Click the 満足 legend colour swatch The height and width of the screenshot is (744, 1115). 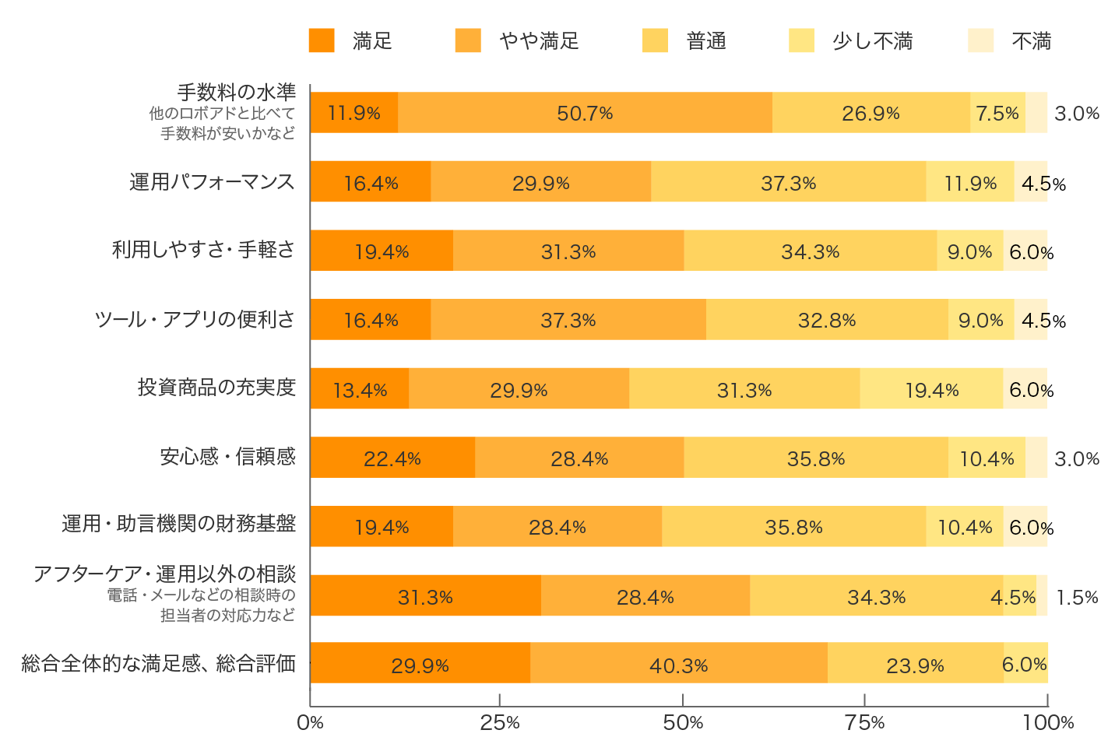click(x=322, y=40)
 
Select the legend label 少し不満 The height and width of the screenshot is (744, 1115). click(x=872, y=41)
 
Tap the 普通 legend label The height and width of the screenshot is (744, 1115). click(x=706, y=41)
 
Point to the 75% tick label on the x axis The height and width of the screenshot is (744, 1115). click(x=865, y=723)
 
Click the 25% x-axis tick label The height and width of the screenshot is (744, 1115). click(x=499, y=723)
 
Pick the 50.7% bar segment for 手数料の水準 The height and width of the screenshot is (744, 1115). click(x=585, y=113)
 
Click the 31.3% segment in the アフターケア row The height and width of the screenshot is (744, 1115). click(x=425, y=596)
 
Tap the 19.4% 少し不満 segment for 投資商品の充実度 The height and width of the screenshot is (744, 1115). click(x=931, y=389)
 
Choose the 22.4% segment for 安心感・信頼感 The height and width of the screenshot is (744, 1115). click(x=392, y=458)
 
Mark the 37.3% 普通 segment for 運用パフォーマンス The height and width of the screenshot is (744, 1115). click(x=788, y=182)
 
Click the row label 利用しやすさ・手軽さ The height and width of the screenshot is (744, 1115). click(x=203, y=250)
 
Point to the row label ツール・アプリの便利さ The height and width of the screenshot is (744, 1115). click(x=195, y=319)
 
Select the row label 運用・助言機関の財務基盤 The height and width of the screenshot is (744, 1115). click(x=178, y=524)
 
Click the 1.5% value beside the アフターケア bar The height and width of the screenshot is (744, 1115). click(x=1077, y=597)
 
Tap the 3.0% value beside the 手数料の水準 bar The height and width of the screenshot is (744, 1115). click(x=1077, y=114)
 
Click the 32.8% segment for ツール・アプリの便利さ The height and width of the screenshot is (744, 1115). click(x=827, y=320)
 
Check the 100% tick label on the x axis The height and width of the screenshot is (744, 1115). click(x=1048, y=723)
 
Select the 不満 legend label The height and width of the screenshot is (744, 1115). click(x=1031, y=41)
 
